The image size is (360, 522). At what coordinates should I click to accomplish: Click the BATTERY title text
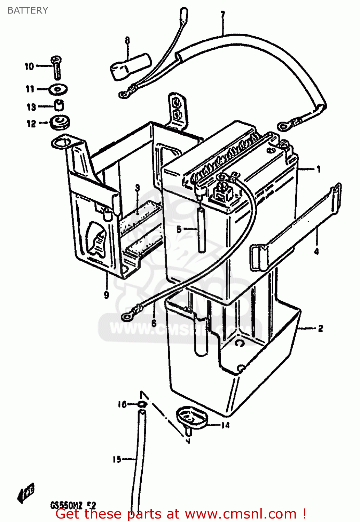pyautogui.click(x=28, y=10)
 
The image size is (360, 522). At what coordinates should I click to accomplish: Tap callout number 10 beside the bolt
pyautogui.click(x=29, y=66)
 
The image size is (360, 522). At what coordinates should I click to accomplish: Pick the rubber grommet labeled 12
pyautogui.click(x=60, y=122)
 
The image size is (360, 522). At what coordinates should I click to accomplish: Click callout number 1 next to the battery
pyautogui.click(x=319, y=169)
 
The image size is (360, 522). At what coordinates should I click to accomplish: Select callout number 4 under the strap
pyautogui.click(x=316, y=251)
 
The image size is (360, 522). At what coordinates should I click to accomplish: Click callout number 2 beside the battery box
pyautogui.click(x=320, y=328)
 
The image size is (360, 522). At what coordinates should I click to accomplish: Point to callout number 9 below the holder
pyautogui.click(x=107, y=295)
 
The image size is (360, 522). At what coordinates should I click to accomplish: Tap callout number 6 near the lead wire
pyautogui.click(x=154, y=324)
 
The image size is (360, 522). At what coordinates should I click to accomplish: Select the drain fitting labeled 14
pyautogui.click(x=191, y=419)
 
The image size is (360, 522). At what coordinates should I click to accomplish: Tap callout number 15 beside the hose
pyautogui.click(x=117, y=459)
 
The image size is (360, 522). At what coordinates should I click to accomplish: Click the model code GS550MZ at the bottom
pyautogui.click(x=66, y=505)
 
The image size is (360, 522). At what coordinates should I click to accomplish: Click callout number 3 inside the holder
pyautogui.click(x=138, y=188)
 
